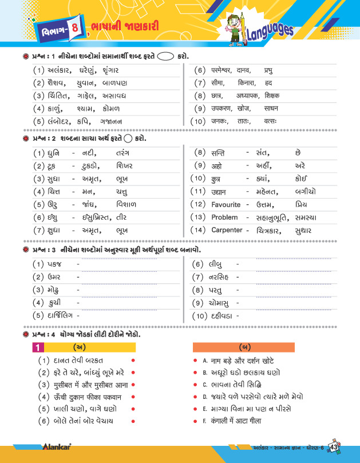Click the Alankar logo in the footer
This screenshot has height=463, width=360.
click(56, 449)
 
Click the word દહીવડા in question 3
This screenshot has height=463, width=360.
click(222, 315)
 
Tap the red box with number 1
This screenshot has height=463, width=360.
click(37, 347)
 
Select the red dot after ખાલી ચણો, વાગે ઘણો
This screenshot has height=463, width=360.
click(132, 409)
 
